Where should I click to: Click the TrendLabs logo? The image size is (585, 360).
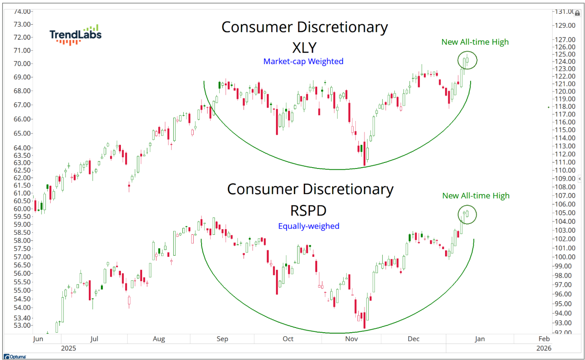75,35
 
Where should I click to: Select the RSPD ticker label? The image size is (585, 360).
308,210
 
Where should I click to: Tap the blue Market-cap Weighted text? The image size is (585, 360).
303,62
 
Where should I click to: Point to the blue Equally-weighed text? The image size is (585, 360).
309,226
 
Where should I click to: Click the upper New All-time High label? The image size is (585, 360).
475,42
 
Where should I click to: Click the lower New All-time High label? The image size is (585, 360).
476,196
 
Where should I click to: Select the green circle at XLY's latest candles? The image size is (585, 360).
467,60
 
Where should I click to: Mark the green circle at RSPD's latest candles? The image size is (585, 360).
467,214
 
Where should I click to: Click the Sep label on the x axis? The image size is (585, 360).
222,339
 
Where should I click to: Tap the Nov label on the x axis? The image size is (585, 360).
351,339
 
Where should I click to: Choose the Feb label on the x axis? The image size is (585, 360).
544,339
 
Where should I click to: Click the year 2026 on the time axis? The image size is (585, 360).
544,348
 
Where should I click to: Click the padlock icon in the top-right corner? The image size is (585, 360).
577,13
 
